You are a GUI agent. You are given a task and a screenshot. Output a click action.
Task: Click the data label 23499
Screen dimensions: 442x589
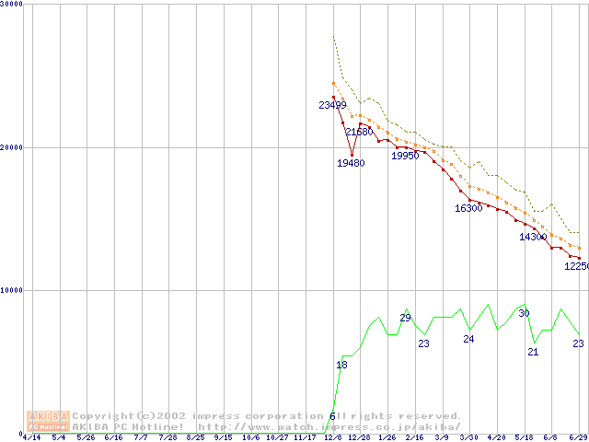tap(333, 105)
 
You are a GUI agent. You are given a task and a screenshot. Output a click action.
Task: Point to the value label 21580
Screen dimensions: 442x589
tap(359, 133)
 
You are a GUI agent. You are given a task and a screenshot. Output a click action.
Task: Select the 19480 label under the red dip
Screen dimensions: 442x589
tap(350, 163)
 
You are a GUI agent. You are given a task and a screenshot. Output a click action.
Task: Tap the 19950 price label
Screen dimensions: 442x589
tap(405, 156)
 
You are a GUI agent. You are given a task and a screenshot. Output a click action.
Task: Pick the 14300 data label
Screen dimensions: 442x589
tap(533, 238)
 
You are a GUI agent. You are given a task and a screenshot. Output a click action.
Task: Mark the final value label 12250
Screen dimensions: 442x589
tap(576, 266)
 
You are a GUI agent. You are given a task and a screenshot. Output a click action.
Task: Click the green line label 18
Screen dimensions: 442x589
tap(341, 366)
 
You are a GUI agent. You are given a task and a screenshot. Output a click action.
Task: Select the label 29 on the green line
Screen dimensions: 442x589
tap(405, 318)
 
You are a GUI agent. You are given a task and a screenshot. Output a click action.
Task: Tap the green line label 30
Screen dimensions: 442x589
tap(524, 314)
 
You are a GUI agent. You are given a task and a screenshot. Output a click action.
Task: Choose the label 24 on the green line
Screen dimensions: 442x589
tap(468, 340)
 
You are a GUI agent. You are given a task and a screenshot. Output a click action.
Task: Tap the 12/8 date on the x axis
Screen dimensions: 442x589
tap(332, 437)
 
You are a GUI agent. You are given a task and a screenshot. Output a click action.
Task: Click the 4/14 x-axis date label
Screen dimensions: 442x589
tap(31, 437)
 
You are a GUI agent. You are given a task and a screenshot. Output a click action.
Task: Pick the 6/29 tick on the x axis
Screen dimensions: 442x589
tap(578, 437)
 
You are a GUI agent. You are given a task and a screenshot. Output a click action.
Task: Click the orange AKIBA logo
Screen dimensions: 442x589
tap(48, 421)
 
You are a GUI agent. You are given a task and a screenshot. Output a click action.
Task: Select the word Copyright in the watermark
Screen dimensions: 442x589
tap(103, 416)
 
